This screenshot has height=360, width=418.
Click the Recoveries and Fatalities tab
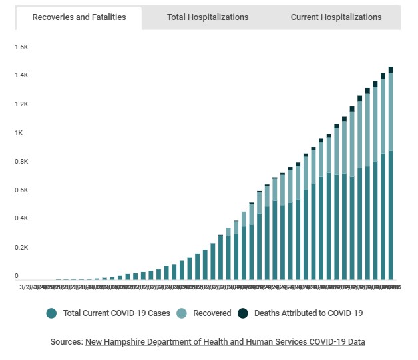coord(79,17)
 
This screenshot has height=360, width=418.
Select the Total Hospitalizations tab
coord(208,17)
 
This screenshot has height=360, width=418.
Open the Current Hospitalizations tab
coord(336,17)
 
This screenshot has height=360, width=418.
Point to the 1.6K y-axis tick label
coord(21,47)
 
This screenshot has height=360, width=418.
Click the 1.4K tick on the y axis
coord(21,76)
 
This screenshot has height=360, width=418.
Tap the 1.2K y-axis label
coord(21,104)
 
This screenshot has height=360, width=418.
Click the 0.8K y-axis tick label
coord(21,162)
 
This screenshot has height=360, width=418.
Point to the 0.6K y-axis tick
coord(21,190)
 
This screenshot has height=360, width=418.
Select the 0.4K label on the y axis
coord(21,218)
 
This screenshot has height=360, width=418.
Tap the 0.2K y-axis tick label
coord(21,248)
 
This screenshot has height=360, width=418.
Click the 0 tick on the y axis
coord(17,275)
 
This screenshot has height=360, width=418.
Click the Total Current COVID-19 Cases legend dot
coord(51,313)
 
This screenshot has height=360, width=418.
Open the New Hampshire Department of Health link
coord(225,341)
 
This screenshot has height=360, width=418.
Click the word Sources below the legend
coord(66,341)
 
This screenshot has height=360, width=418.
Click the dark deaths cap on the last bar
coord(391,69)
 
